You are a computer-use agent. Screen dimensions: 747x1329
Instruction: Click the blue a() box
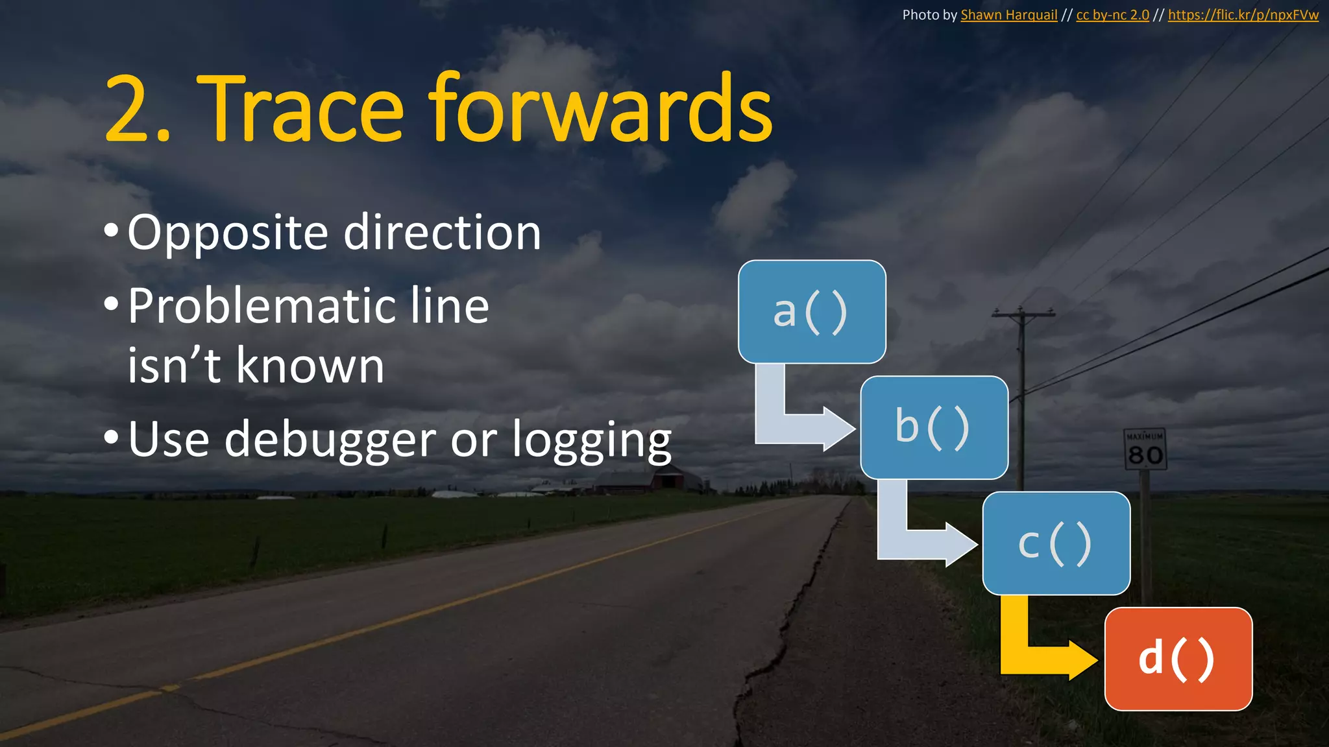[x=812, y=311]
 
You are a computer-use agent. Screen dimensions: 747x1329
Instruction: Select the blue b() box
[x=934, y=427]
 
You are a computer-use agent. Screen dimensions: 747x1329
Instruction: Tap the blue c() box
[x=1056, y=543]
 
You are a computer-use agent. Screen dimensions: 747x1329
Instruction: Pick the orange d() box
[x=1178, y=659]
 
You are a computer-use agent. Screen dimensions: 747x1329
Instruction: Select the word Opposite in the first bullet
[x=228, y=233]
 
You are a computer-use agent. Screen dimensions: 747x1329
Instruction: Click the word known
[x=310, y=365]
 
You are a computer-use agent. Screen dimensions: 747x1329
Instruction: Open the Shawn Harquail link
[x=1008, y=15]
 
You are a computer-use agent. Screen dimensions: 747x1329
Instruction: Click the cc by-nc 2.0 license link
[x=1112, y=15]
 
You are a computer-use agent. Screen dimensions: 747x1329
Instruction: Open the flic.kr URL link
[x=1243, y=15]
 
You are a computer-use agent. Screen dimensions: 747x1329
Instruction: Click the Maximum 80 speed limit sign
[x=1145, y=449]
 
